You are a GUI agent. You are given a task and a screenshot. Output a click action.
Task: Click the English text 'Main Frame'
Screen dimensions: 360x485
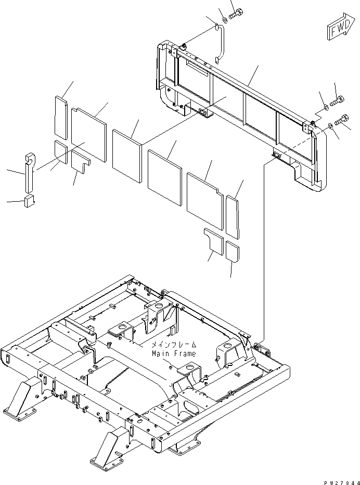[x=174, y=353]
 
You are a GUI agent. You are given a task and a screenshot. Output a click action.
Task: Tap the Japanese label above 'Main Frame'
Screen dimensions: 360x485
[x=174, y=344]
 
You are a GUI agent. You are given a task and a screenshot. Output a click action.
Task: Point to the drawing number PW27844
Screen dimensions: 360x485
[x=342, y=482]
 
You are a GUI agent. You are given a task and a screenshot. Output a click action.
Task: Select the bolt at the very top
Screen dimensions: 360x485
[x=236, y=14]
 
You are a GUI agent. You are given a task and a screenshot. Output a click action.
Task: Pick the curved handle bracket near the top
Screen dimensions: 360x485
[x=221, y=43]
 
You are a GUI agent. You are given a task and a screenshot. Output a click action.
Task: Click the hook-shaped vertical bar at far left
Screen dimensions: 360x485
[x=30, y=172]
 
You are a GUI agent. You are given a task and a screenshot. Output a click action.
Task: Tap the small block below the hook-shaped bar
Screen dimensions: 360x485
[x=29, y=201]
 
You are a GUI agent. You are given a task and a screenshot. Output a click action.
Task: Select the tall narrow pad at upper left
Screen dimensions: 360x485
[x=61, y=118]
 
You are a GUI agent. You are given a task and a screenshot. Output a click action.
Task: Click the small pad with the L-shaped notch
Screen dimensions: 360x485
[x=81, y=162]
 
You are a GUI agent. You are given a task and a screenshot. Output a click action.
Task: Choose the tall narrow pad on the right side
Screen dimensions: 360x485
[x=233, y=217]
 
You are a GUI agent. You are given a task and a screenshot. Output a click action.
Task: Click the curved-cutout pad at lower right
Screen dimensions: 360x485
[x=214, y=242]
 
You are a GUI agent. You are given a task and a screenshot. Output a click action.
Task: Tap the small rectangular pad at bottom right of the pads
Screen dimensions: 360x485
[x=233, y=252]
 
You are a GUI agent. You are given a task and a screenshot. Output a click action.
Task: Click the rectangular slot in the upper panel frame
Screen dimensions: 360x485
[x=197, y=68]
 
